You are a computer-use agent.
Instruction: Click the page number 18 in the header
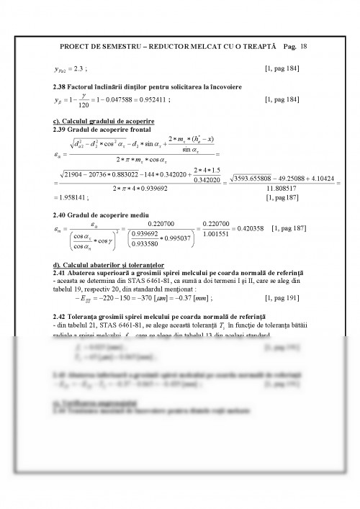pos(305,45)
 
